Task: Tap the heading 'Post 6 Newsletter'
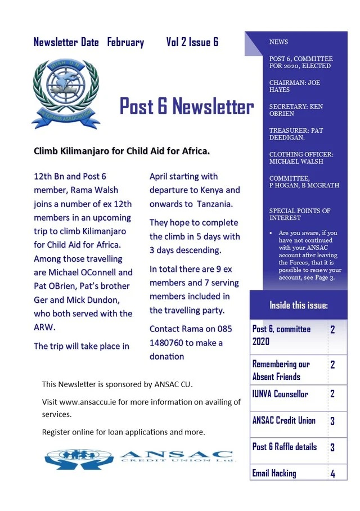pyautogui.click(x=186, y=106)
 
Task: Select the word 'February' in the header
pyautogui.click(x=125, y=42)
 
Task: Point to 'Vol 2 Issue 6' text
pyautogui.click(x=192, y=42)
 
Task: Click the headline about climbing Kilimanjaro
pyautogui.click(x=122, y=151)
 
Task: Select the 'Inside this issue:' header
pyautogui.click(x=298, y=306)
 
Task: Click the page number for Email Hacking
pyautogui.click(x=332, y=473)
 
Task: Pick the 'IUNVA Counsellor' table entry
pyautogui.click(x=280, y=394)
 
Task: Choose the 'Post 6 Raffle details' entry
pyautogui.click(x=284, y=447)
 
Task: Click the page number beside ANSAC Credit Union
pyautogui.click(x=332, y=420)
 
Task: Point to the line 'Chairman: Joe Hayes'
pyautogui.click(x=294, y=87)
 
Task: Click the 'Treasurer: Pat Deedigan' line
pyautogui.click(x=296, y=134)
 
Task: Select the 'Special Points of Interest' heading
pyautogui.click(x=300, y=214)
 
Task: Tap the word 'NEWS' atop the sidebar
pyautogui.click(x=279, y=42)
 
